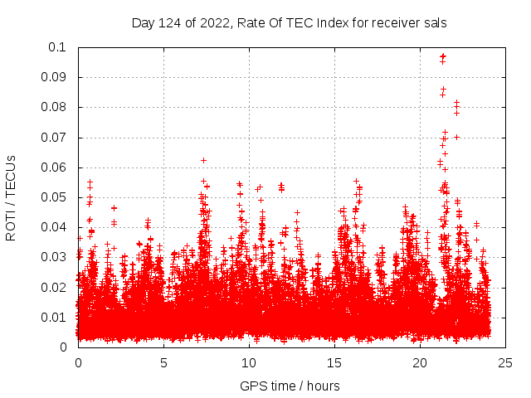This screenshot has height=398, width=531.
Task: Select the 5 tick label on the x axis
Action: [163, 363]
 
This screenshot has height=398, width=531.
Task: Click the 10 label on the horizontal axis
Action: [249, 363]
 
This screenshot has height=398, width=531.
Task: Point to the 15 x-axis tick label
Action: [334, 363]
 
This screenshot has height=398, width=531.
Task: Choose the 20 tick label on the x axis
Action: [420, 363]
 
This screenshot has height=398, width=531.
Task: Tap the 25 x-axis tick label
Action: [505, 363]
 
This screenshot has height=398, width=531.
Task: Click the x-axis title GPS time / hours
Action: [290, 386]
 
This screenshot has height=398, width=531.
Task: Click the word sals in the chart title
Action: [435, 22]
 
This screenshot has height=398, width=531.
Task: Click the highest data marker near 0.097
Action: [443, 56]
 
